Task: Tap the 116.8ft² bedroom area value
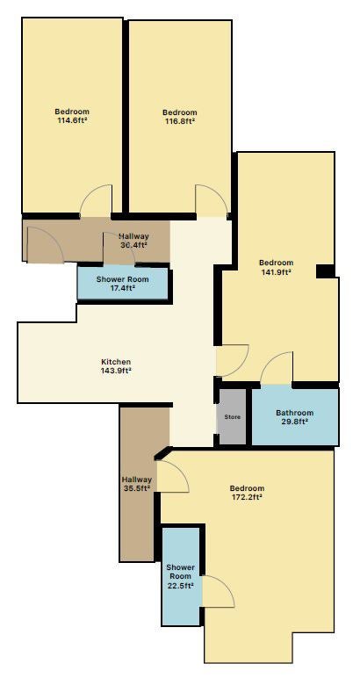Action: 180,121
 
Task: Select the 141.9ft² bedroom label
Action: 276,267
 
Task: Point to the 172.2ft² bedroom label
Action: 247,493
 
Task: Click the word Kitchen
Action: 116,362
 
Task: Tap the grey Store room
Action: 233,417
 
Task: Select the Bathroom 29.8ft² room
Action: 295,417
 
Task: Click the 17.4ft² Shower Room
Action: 122,283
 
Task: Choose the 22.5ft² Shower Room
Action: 181,576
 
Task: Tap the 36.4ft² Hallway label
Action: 133,241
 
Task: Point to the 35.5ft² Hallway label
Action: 136,484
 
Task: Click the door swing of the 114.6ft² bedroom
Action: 96,200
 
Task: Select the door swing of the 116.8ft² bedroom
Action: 212,200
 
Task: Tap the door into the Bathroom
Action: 277,367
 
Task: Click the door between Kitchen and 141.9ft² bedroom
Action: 233,360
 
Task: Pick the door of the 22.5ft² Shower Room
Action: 219,591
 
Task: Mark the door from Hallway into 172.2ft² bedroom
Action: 173,477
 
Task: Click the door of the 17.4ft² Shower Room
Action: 119,248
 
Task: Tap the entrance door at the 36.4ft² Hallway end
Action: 46,245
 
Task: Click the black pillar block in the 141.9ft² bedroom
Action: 326,271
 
